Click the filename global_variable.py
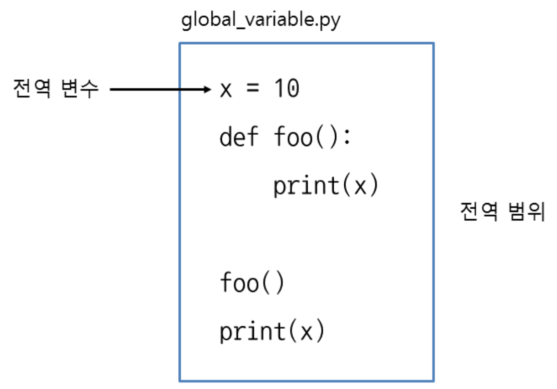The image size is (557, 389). click(x=260, y=23)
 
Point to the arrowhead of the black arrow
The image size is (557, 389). click(x=209, y=90)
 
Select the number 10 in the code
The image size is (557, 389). click(x=286, y=89)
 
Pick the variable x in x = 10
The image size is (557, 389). click(x=226, y=90)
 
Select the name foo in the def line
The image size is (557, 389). click(x=293, y=137)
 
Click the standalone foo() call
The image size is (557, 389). click(x=252, y=283)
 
